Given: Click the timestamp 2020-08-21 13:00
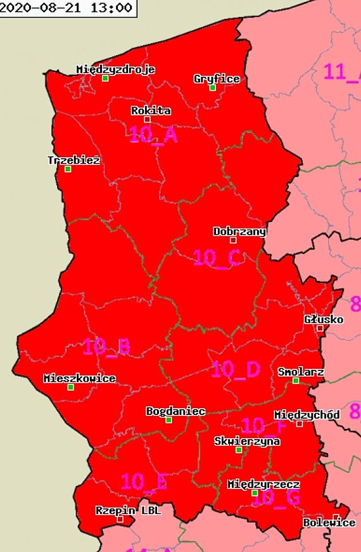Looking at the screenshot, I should pos(67,8).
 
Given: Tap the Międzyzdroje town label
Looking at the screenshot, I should pos(115,69).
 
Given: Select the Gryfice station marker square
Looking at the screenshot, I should pos(213,88).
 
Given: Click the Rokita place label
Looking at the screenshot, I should pos(151,110).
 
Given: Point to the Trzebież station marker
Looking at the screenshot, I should pos(68,169).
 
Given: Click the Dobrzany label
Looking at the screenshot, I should pos(239,232).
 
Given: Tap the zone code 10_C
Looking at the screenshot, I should pos(217,258).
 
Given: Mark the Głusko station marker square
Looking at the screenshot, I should pos(320,329).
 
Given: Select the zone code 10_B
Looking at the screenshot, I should pos(106,346).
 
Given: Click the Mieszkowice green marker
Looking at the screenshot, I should pos(70,387).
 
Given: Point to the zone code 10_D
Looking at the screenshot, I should pos(235,369).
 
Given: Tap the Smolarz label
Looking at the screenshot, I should pos(301,372).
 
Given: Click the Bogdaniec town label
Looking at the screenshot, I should pos(175,411).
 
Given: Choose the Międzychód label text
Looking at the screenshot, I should pos(307,414).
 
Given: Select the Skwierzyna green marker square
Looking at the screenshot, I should pos(239,450).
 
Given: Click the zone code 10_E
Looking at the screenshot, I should pos(144,482).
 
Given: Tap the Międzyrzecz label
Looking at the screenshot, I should pos(263,484).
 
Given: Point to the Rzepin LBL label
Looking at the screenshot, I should pos(128,509).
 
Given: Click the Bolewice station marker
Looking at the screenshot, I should pos(336,517).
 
